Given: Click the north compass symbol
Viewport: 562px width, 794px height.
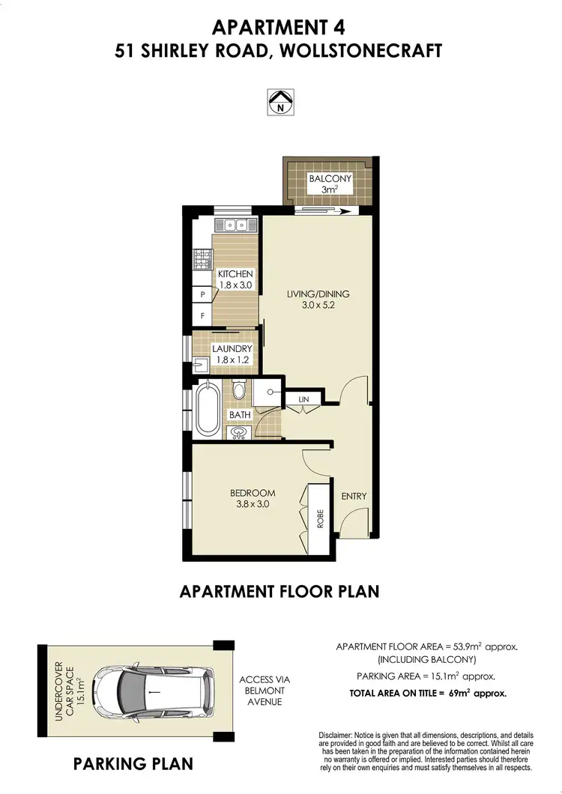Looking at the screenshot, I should click(281, 101).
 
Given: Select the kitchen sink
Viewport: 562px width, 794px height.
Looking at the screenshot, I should click(235, 225).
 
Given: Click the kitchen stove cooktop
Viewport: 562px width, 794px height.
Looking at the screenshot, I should click(202, 259).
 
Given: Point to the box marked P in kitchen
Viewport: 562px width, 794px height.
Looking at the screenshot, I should click(202, 295).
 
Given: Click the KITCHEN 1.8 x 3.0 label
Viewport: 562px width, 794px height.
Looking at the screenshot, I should click(235, 279).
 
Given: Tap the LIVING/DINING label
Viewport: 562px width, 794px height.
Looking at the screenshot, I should click(318, 299).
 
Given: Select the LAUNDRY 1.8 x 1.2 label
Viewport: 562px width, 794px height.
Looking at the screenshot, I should click(232, 354).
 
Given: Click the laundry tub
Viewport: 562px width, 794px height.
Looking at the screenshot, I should click(201, 366).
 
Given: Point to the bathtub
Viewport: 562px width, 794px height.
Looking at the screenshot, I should click(208, 409).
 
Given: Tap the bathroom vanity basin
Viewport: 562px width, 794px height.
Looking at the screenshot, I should click(239, 432).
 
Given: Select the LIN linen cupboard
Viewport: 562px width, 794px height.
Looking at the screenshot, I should click(303, 400).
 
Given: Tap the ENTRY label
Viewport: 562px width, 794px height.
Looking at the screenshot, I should click(354, 497).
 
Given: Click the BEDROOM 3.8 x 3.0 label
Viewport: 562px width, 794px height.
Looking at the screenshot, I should click(252, 499).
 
